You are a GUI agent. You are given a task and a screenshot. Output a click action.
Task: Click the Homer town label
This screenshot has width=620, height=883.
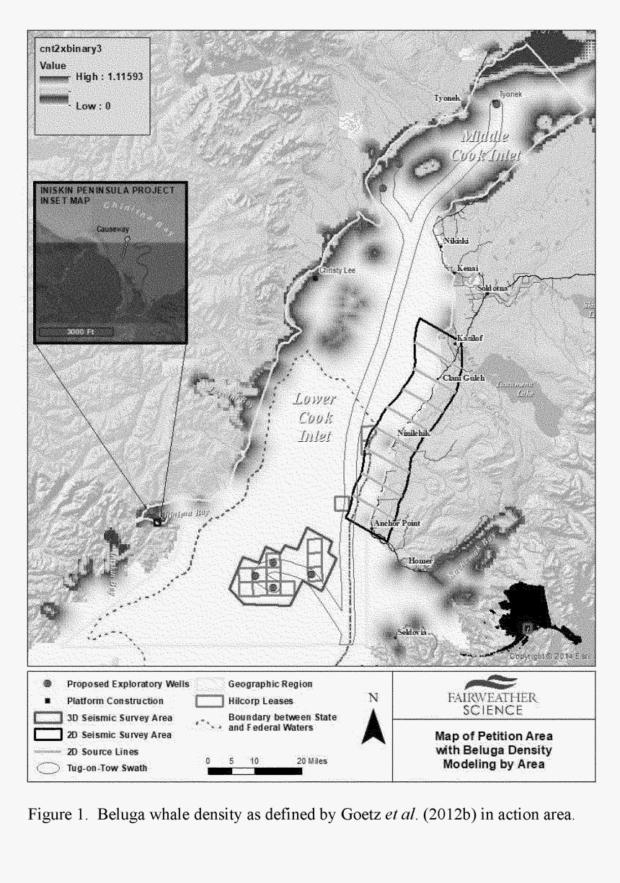point(420,560)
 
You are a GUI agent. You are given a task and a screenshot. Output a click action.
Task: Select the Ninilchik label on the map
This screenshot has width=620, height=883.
point(413,432)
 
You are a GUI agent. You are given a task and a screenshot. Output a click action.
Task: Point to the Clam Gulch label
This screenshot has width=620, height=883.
point(463,378)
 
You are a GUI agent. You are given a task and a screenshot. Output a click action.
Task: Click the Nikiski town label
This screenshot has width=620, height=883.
point(456,241)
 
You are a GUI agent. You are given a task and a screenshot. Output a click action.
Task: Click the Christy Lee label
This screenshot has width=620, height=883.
point(334,270)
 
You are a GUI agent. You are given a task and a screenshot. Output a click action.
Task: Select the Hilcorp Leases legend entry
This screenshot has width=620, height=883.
point(244,701)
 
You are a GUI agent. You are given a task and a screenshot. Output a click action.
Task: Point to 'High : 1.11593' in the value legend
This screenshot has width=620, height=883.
point(109,77)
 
